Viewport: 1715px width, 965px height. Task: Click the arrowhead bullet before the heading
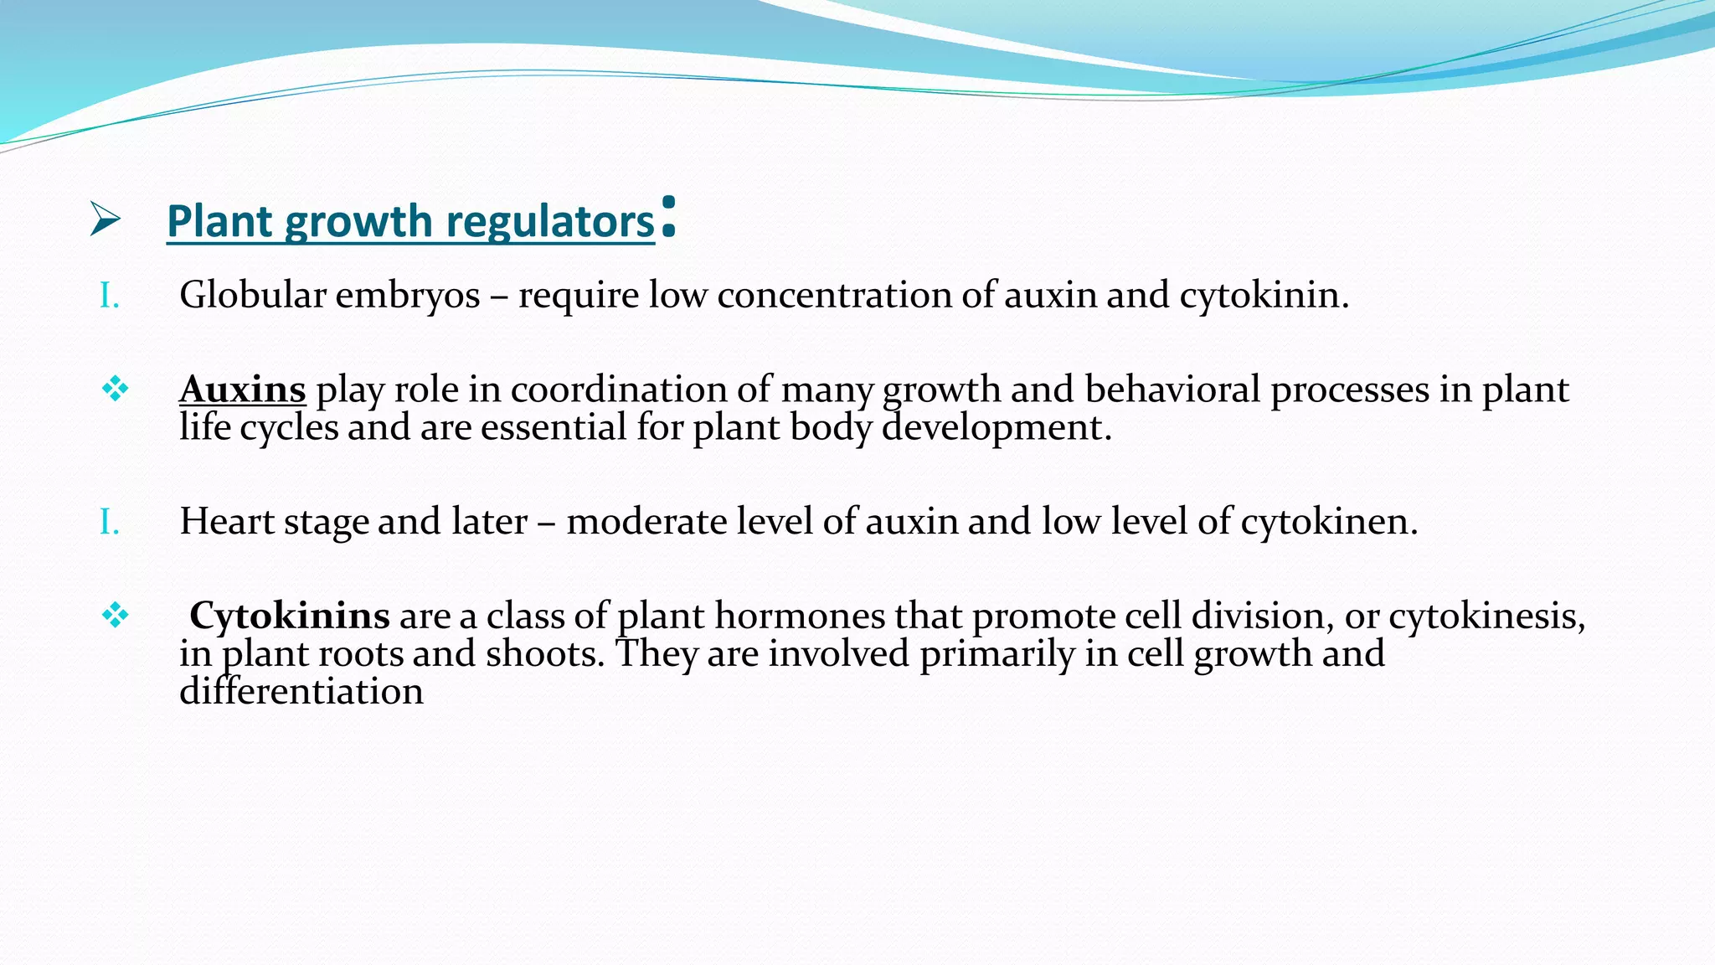click(x=106, y=219)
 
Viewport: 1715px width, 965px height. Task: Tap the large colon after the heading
click(x=667, y=217)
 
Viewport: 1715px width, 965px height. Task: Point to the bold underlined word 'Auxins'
click(x=243, y=390)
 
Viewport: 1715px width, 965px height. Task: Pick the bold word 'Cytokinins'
click(x=289, y=616)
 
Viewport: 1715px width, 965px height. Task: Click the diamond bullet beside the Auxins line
click(x=115, y=389)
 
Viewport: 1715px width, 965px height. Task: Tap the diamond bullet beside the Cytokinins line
click(x=115, y=616)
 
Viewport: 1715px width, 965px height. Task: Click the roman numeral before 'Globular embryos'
click(x=109, y=296)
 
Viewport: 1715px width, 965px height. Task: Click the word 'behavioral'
click(x=1172, y=390)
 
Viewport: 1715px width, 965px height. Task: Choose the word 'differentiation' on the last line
click(x=301, y=692)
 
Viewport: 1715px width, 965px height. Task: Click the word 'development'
click(x=997, y=428)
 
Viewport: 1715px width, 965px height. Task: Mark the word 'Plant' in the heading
click(x=220, y=221)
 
